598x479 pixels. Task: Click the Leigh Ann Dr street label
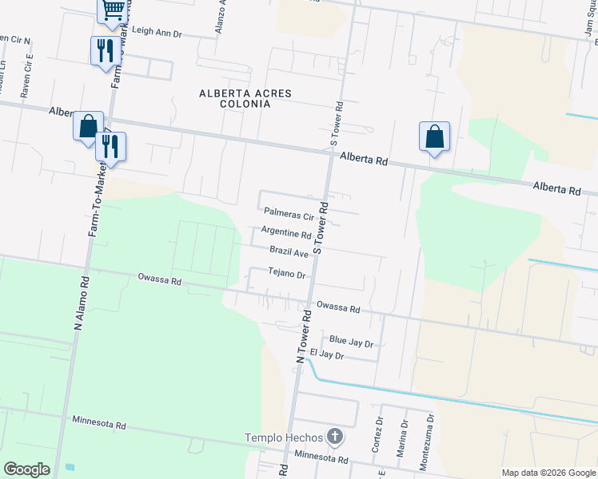[x=158, y=33]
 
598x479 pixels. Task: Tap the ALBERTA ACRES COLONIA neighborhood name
[x=245, y=99]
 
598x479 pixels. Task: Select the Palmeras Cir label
[x=289, y=213]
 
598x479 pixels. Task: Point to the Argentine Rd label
[x=286, y=235]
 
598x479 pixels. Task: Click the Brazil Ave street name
[x=289, y=252]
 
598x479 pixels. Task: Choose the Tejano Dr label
[x=287, y=274]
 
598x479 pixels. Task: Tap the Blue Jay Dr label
[x=352, y=342]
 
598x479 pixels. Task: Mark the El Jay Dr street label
[x=326, y=355]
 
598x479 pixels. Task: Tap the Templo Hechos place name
[x=285, y=437]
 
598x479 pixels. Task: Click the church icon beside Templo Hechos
[x=335, y=437]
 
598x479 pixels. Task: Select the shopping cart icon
[x=113, y=10]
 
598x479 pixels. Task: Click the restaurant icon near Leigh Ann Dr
[x=106, y=50]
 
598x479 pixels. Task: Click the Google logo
[x=26, y=469]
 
